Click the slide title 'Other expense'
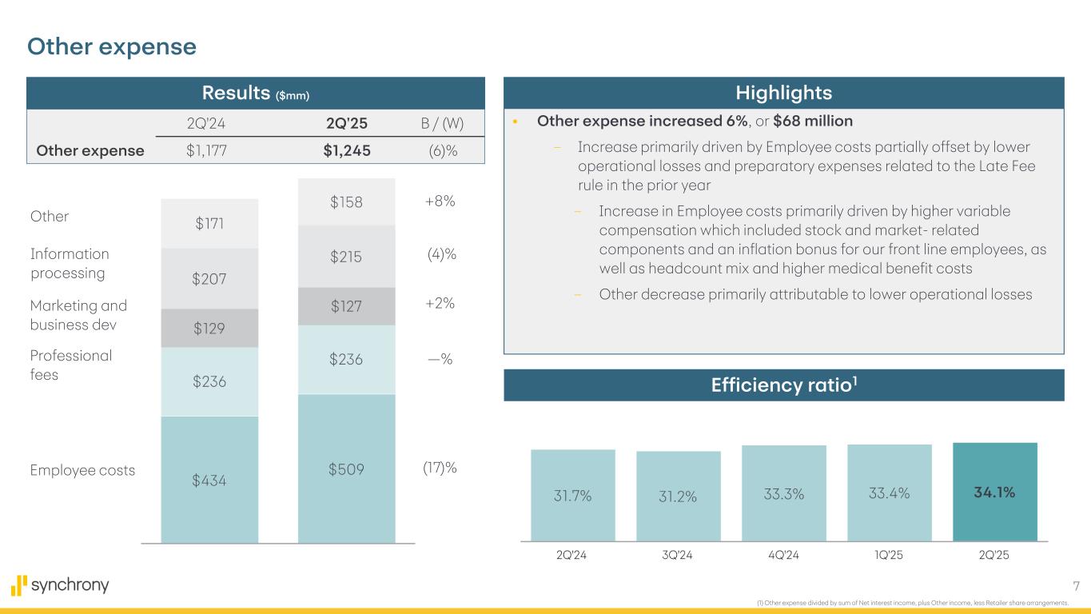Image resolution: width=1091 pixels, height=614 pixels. coord(112,47)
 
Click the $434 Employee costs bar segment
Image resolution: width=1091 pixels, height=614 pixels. coord(209,480)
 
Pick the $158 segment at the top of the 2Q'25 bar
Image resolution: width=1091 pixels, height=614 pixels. coord(346,202)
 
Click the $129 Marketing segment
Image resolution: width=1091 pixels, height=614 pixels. coord(209,328)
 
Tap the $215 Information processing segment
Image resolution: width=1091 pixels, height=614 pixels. coord(346,257)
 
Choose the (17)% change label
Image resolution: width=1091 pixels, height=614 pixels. coord(439,467)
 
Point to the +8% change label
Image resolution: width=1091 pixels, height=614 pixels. coord(439,201)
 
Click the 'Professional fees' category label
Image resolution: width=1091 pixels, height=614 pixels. coord(71,365)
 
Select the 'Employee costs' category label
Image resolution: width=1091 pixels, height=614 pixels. coord(82,471)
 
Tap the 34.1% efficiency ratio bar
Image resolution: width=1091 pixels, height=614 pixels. coord(994,492)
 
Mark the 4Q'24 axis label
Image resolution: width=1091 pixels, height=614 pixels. coord(783,556)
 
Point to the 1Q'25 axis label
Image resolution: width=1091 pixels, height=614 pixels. coord(889,556)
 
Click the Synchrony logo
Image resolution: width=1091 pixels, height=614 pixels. coord(60,586)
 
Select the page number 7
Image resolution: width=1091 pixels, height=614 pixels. coord(1074,586)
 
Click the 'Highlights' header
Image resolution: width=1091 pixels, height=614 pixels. coord(783,94)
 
